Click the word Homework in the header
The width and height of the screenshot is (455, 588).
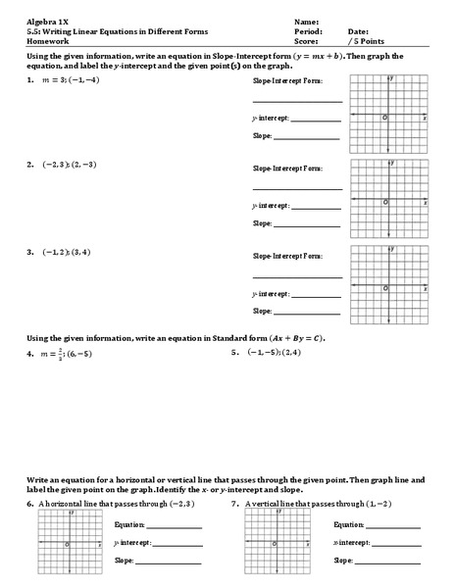(47, 41)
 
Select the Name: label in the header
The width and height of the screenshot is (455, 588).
(306, 21)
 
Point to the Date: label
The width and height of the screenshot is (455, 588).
(358, 31)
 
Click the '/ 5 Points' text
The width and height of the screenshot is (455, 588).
(369, 41)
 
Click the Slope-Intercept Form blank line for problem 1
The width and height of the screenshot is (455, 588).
(297, 101)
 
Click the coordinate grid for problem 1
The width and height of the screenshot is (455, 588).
(389, 116)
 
